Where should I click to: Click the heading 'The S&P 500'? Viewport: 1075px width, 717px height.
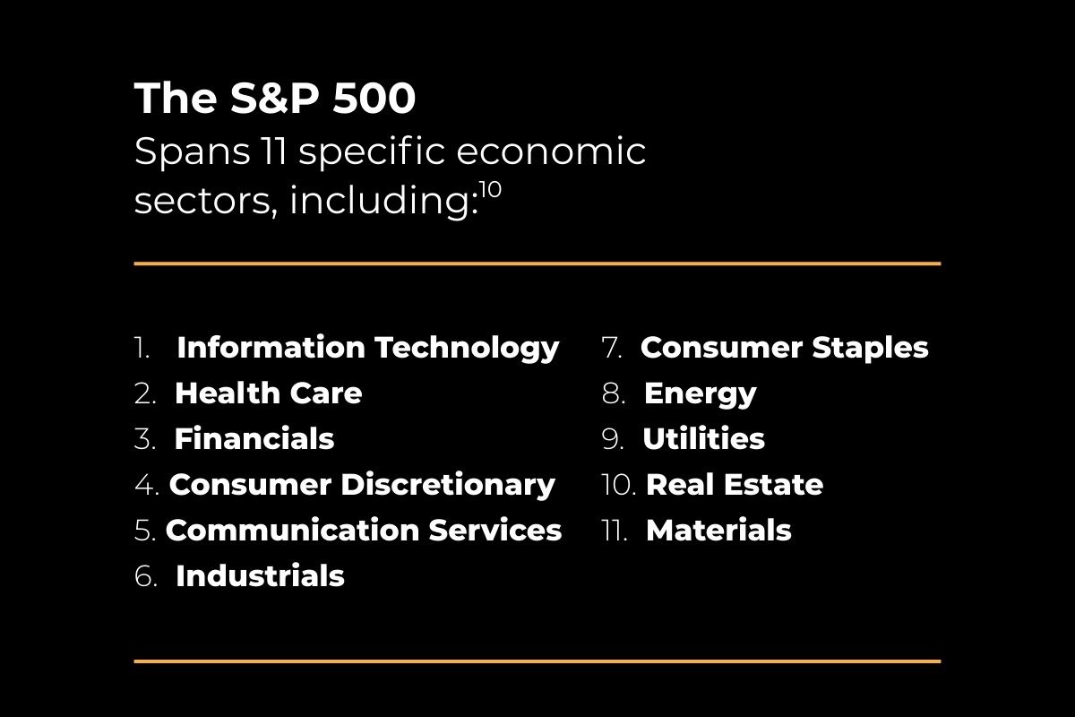(x=275, y=99)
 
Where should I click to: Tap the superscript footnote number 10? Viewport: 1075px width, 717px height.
(x=490, y=191)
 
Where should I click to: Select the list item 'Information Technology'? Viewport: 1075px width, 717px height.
(x=367, y=347)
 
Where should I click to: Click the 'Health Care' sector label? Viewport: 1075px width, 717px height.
(x=268, y=393)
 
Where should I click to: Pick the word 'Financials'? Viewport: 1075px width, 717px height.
(x=254, y=439)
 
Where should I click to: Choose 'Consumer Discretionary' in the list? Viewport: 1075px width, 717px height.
(x=362, y=485)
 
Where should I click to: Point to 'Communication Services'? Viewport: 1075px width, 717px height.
(x=363, y=530)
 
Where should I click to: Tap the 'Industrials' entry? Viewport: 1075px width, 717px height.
(x=260, y=575)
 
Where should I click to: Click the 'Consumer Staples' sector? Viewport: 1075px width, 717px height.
(x=784, y=347)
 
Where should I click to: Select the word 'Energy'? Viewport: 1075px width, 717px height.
(x=700, y=393)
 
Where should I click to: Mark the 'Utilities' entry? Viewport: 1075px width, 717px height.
(x=703, y=439)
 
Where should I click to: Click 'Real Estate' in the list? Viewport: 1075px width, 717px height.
(x=734, y=485)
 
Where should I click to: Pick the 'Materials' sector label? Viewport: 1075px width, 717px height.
(x=718, y=530)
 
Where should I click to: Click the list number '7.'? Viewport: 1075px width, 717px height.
(x=612, y=348)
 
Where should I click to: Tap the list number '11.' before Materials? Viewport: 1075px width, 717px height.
(x=615, y=531)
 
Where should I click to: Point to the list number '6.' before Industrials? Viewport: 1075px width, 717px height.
(x=145, y=576)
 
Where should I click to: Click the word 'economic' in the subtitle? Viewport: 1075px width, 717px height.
(x=550, y=151)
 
